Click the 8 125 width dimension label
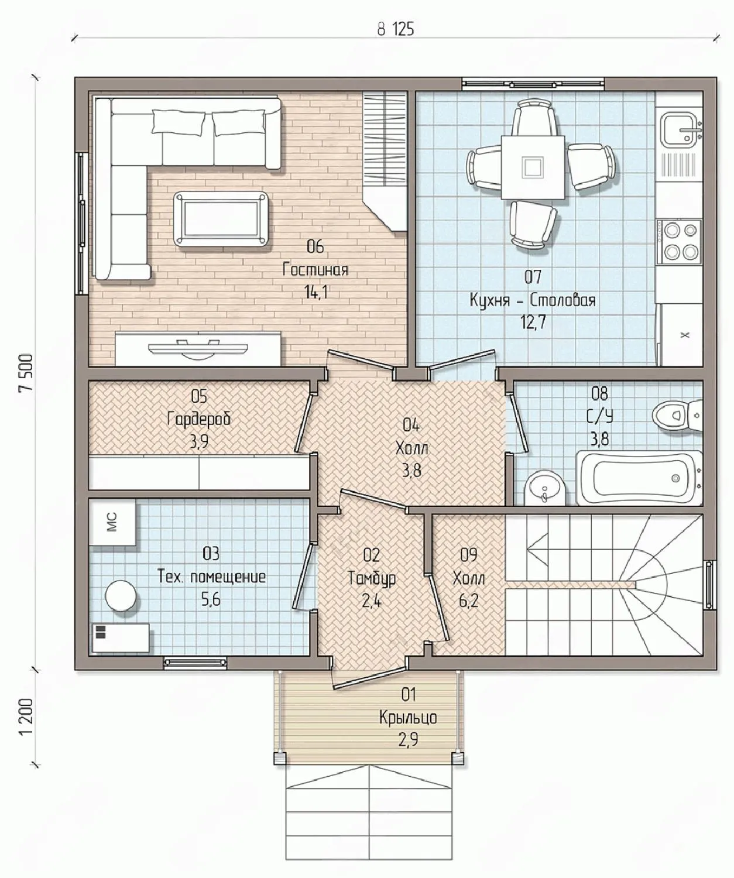pyautogui.click(x=395, y=29)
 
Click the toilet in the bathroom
pyautogui.click(x=677, y=416)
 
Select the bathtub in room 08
pyautogui.click(x=639, y=478)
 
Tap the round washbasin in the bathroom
pyautogui.click(x=545, y=489)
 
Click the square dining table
pyautogui.click(x=533, y=167)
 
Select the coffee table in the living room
pyautogui.click(x=221, y=218)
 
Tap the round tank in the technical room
pyautogui.click(x=121, y=595)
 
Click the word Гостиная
pyautogui.click(x=315, y=269)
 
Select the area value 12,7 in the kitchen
pyautogui.click(x=533, y=323)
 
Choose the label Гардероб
pyautogui.click(x=198, y=419)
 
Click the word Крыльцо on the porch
pyautogui.click(x=408, y=717)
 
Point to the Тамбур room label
pyautogui.click(x=372, y=579)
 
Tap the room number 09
pyautogui.click(x=469, y=555)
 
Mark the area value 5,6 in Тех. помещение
pyautogui.click(x=211, y=599)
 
